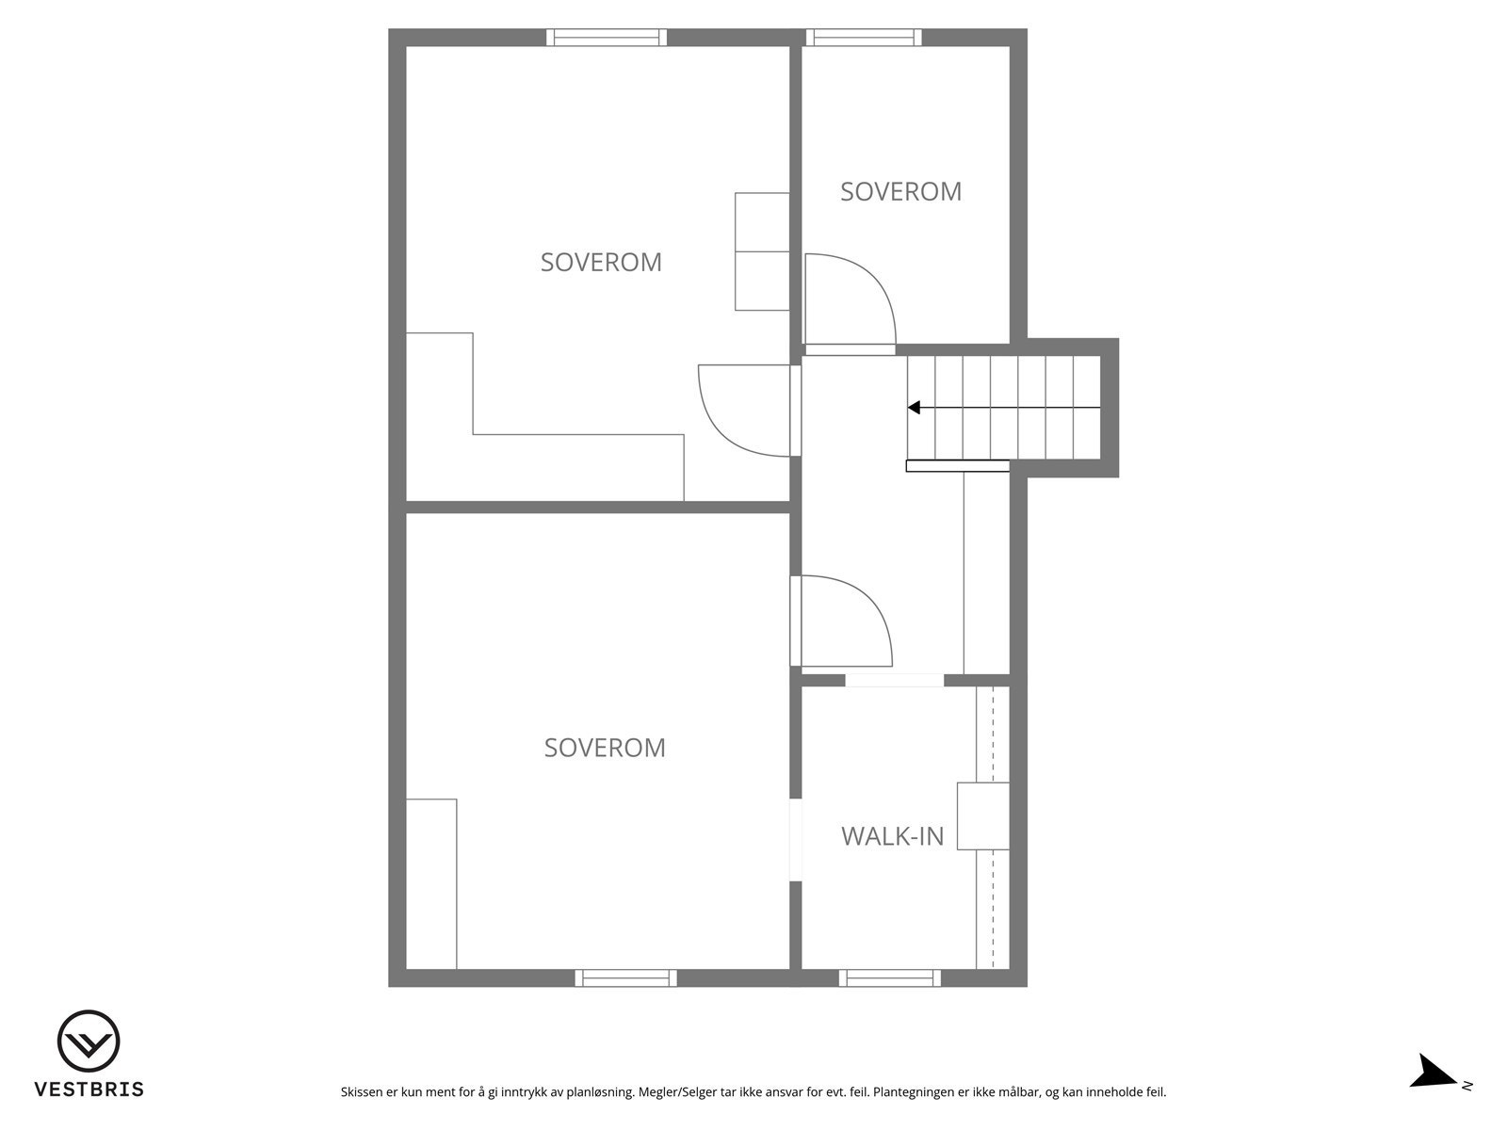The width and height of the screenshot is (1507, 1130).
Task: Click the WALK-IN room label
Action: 892,835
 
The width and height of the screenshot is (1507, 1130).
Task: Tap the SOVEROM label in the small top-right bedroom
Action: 900,191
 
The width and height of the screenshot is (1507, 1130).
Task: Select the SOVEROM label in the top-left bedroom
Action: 601,262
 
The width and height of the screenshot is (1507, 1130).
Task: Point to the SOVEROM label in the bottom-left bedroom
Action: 605,748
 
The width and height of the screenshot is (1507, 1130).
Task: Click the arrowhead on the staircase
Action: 914,408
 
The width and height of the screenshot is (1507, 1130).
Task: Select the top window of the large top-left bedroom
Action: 607,38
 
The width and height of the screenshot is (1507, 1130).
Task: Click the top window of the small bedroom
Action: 863,38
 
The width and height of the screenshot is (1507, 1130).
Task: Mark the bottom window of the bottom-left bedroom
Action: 625,978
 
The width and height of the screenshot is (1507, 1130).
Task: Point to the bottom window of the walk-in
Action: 889,978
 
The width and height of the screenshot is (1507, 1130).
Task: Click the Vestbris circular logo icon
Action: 89,1041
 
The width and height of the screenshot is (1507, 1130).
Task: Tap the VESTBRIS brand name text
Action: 89,1090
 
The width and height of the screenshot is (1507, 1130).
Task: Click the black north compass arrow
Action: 1435,1073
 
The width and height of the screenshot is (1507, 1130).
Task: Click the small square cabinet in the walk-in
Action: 982,815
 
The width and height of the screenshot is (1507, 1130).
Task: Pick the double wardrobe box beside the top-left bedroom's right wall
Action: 762,251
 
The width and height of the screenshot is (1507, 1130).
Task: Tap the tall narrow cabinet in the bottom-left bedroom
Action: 431,883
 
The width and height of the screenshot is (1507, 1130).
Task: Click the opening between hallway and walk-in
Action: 894,680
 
